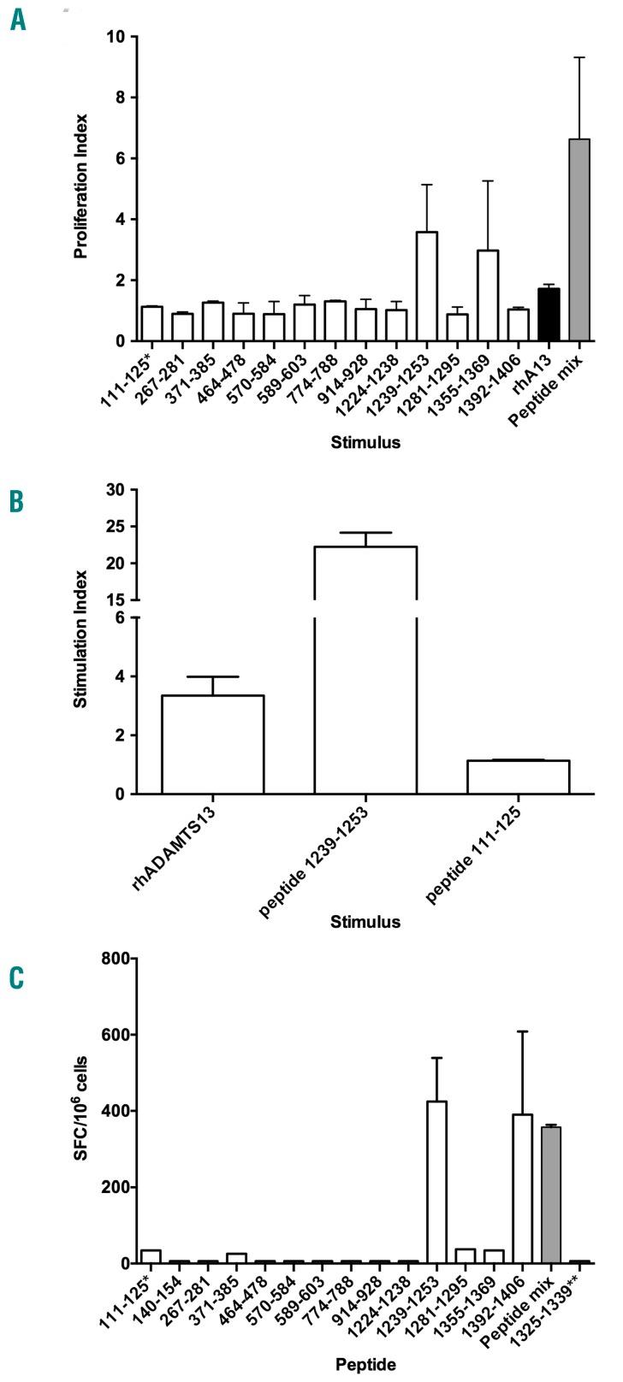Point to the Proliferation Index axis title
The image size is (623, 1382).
coord(81,189)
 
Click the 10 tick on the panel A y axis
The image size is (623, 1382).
coord(113,37)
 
